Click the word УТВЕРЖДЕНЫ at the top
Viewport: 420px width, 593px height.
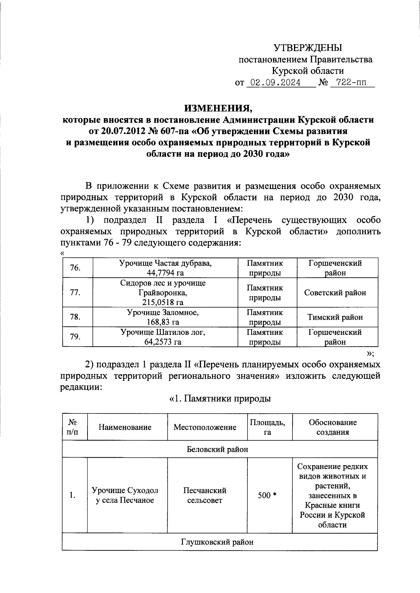point(308,48)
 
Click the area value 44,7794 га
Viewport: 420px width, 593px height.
point(165,273)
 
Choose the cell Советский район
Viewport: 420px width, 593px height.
point(335,293)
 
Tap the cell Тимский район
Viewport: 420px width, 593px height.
point(335,317)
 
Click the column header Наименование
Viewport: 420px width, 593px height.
point(125,427)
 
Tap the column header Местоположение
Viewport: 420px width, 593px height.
point(205,427)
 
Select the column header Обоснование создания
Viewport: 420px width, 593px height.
point(332,427)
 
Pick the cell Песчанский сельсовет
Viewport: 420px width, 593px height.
point(205,495)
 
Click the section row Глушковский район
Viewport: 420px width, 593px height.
point(217,542)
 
